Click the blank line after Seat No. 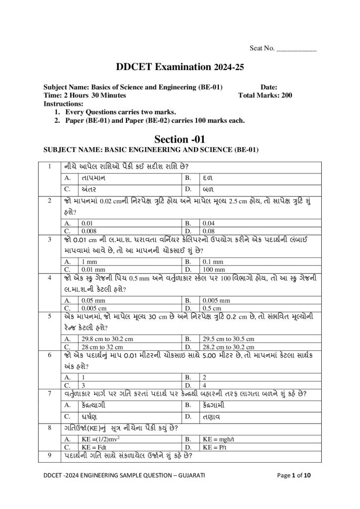coord(296,49)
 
